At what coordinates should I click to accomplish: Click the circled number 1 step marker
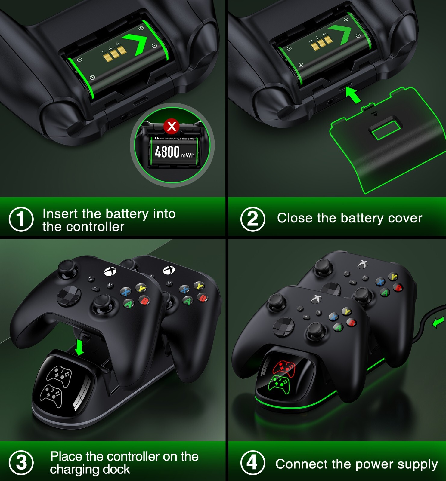(21, 219)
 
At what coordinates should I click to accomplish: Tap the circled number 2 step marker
(253, 219)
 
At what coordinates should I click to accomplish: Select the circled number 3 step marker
(21, 463)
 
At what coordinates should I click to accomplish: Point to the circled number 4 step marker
(253, 463)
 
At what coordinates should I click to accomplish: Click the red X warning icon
(172, 126)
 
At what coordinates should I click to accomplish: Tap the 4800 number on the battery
(167, 152)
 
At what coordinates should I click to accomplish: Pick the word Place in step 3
(66, 456)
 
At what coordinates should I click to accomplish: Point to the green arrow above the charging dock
(79, 347)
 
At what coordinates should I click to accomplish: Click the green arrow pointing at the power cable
(438, 323)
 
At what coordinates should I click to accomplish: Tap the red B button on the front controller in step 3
(144, 300)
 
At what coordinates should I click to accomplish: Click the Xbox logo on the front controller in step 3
(110, 271)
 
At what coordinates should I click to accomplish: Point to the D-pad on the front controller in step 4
(283, 326)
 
